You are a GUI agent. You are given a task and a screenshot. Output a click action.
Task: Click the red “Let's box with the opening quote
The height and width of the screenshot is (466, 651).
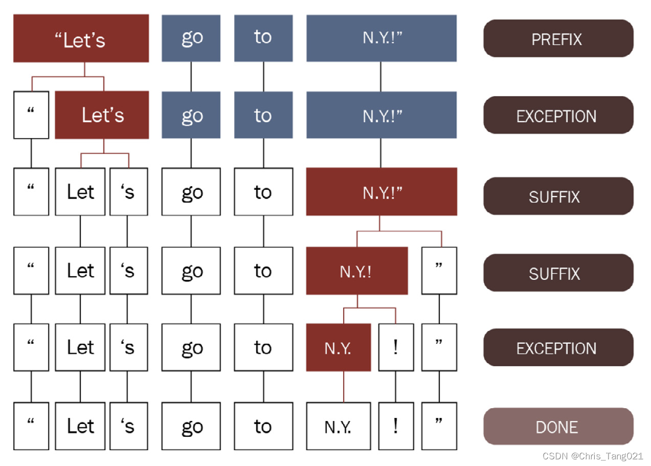tap(81, 38)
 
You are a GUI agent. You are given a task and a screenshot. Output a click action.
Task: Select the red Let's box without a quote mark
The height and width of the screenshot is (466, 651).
tap(102, 115)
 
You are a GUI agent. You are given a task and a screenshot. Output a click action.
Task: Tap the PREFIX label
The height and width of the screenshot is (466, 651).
tap(558, 38)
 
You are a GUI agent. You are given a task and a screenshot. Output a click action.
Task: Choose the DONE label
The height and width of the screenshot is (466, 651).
tap(558, 426)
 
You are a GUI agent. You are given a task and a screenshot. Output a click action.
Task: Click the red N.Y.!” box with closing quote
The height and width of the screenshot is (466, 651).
tap(381, 192)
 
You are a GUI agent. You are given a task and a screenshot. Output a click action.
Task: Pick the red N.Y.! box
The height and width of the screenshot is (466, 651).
tap(356, 271)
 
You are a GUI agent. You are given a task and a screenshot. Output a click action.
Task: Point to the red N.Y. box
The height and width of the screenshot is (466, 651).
tap(338, 348)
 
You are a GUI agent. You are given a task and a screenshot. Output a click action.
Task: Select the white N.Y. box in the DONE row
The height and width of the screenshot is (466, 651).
tap(338, 426)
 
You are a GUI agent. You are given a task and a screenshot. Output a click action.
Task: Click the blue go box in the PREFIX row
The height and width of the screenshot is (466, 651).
tap(191, 38)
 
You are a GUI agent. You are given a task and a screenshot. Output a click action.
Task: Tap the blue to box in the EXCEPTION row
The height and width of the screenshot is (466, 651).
tap(263, 115)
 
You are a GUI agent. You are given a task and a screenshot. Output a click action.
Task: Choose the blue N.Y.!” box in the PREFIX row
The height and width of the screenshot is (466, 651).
tap(381, 38)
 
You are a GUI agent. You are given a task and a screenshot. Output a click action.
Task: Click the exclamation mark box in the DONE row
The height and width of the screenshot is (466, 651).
tap(395, 426)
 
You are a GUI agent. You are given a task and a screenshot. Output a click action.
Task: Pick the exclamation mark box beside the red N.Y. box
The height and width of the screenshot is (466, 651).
tap(395, 348)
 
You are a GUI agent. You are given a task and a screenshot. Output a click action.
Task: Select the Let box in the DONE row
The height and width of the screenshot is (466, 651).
tap(80, 426)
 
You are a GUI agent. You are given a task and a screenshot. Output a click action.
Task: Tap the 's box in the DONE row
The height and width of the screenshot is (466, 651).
tap(128, 426)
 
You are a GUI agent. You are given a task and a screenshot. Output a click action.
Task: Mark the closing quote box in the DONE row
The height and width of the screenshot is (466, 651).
tap(439, 426)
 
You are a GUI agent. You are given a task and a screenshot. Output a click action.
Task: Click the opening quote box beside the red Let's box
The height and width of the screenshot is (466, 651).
tap(31, 115)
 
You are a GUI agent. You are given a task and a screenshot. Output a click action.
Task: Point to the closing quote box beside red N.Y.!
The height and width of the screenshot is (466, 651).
tap(439, 271)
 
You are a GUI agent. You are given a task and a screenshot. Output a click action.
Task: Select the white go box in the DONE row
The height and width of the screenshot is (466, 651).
tap(191, 426)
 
